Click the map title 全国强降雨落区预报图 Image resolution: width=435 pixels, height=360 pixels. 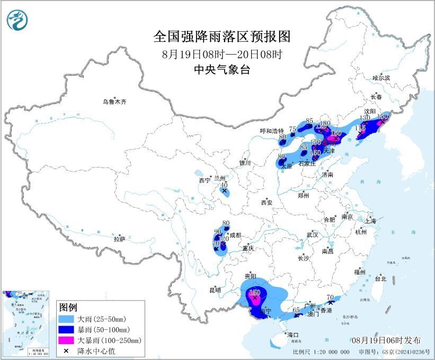click(x=222, y=37)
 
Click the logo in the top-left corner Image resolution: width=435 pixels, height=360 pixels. click(x=18, y=20)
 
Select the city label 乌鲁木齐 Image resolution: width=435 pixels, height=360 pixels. click(x=115, y=101)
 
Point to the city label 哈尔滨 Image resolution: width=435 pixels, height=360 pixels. click(x=380, y=77)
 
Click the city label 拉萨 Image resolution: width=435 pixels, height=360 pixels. click(x=119, y=239)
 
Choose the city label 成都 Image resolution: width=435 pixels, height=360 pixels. click(x=235, y=235)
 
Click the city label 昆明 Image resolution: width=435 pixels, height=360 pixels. click(x=215, y=290)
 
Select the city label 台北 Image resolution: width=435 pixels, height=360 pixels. click(x=380, y=278)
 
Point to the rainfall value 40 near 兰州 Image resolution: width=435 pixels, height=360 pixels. click(x=224, y=185)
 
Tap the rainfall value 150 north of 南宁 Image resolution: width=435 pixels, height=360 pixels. click(x=254, y=292)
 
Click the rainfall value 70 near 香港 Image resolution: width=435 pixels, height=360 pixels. click(x=330, y=297)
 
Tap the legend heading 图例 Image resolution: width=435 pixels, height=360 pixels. click(x=68, y=308)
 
